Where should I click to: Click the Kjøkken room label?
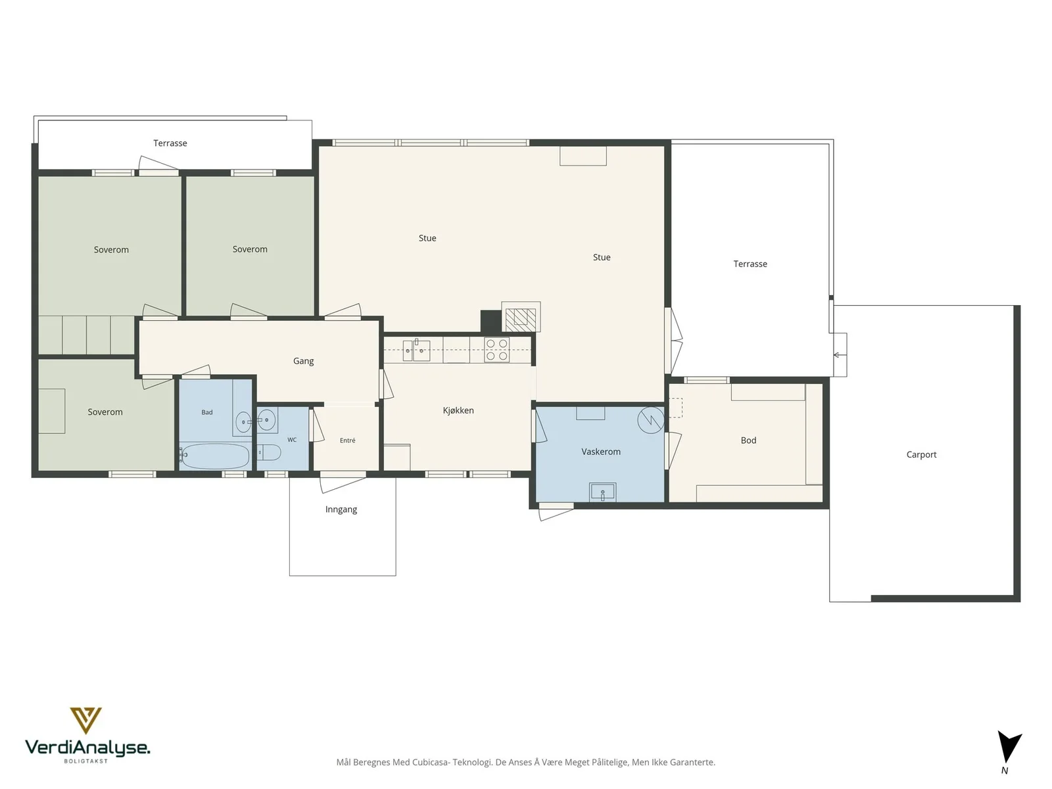tap(458, 410)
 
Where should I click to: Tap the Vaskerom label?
tap(600, 452)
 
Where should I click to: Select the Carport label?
tap(921, 454)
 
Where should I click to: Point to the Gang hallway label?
tap(303, 361)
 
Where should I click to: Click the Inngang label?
tap(341, 509)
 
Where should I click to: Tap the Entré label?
tap(347, 441)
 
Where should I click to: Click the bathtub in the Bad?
tap(215, 456)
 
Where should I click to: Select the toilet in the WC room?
tap(269, 453)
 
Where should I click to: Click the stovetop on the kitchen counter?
tap(496, 350)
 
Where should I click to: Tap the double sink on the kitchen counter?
tap(416, 350)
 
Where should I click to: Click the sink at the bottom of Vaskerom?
tap(602, 492)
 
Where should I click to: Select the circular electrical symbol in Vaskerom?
tap(651, 420)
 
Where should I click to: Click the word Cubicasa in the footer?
tap(431, 762)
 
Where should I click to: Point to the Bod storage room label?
tap(748, 441)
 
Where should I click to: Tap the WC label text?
tap(292, 440)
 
